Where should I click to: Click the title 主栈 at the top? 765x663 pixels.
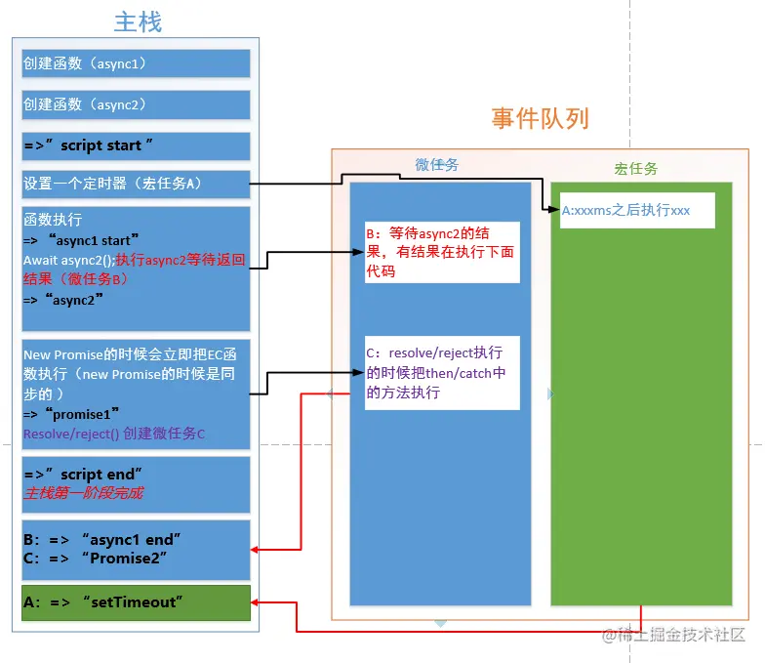(137, 21)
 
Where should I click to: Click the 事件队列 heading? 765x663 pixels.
(540, 119)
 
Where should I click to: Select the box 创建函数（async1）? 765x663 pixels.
(136, 63)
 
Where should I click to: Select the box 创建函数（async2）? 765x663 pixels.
(136, 104)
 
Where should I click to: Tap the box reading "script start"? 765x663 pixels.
(136, 145)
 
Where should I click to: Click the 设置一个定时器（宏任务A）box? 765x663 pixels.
(136, 183)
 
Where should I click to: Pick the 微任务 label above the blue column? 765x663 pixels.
(436, 165)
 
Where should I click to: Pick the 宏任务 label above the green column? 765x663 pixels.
(635, 169)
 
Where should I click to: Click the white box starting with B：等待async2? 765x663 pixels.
(442, 252)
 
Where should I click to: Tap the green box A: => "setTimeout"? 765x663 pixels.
(136, 602)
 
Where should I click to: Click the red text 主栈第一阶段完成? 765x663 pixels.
(83, 493)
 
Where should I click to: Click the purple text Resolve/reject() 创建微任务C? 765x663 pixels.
(114, 434)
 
